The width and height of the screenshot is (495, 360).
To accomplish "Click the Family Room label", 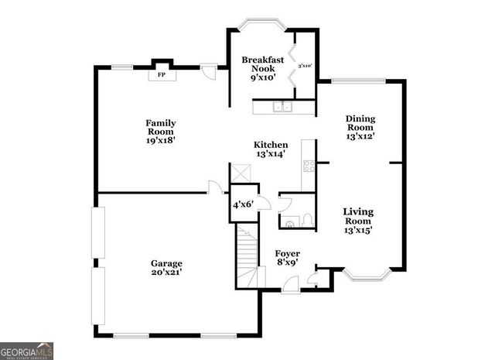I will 161,132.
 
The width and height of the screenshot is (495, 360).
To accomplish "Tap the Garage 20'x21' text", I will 166,268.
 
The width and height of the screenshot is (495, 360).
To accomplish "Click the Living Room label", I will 359,220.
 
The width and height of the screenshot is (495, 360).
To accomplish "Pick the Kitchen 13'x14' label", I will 271,149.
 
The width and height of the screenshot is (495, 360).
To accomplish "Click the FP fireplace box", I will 162,75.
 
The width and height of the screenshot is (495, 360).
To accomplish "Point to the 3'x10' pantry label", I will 304,66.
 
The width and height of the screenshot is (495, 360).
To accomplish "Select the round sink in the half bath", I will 290,224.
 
